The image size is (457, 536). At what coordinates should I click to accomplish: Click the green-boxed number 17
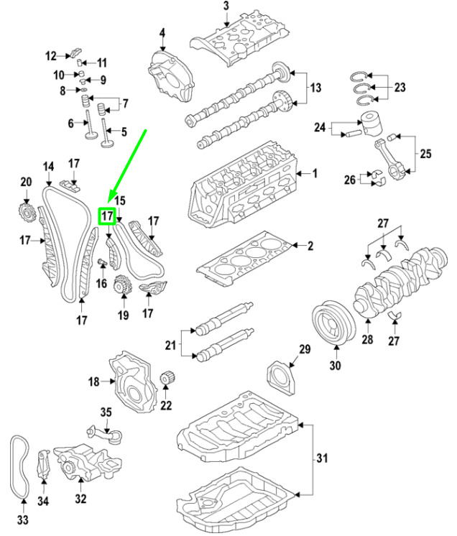point(108,215)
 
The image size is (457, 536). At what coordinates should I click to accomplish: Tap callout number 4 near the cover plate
point(162,32)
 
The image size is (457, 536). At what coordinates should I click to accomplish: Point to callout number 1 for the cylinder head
point(313,173)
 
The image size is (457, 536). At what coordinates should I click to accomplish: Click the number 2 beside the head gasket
point(310,246)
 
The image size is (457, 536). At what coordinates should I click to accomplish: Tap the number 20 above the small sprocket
point(26,182)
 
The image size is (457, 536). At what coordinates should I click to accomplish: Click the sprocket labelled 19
point(122,285)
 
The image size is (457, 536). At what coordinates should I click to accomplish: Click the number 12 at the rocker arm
point(50,55)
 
